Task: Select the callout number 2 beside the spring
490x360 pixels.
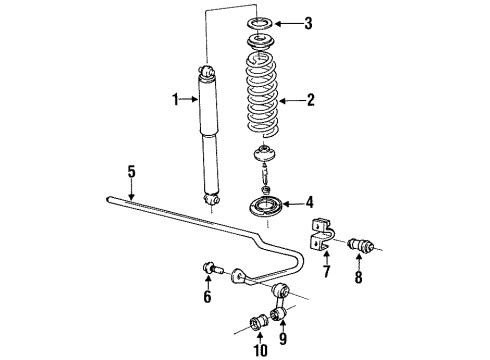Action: [x=311, y=100]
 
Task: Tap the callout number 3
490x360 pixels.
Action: [x=309, y=22]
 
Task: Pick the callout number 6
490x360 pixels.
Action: [x=207, y=297]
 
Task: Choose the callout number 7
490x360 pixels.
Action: [x=326, y=273]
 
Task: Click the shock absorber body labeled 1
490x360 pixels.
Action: [x=209, y=130]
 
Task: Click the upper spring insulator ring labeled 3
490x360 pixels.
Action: [x=265, y=21]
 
